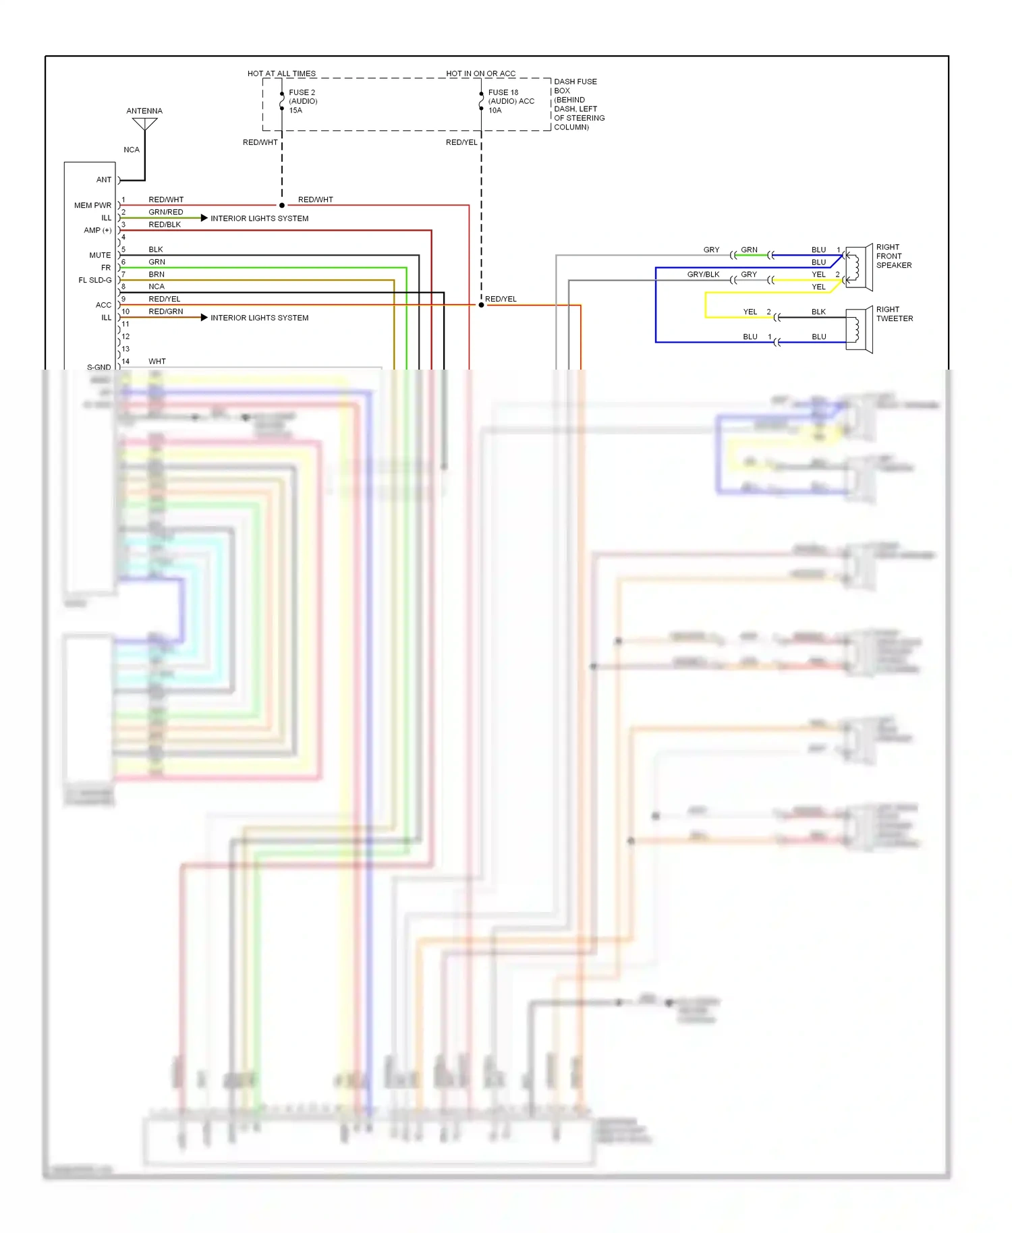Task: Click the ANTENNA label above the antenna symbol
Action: pos(144,111)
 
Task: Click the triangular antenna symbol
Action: pos(144,124)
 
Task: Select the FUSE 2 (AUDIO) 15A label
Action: pos(302,101)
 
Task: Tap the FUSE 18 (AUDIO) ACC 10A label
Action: pos(511,101)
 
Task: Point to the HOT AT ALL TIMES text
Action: pos(281,74)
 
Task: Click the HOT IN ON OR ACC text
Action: pos(480,74)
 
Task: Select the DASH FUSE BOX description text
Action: pos(578,104)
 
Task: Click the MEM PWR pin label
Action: pos(92,205)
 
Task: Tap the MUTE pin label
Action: pos(100,255)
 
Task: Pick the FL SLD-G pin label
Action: pos(95,280)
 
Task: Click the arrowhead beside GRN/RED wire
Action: pos(204,218)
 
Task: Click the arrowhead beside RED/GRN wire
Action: pos(204,317)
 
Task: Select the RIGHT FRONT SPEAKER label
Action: pos(893,256)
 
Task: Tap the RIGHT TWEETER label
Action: pos(894,314)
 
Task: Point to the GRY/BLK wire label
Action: pos(703,275)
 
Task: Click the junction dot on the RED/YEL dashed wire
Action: pos(481,305)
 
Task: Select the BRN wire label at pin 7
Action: pos(157,275)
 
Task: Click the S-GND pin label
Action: pos(99,367)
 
